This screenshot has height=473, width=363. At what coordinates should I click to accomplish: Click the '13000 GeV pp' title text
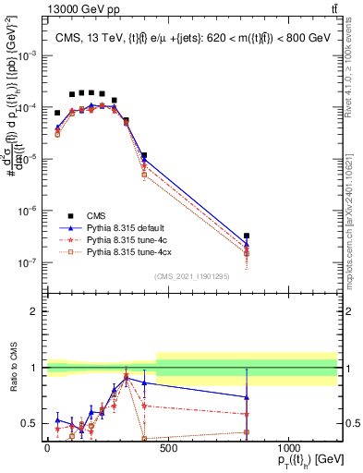point(40,8)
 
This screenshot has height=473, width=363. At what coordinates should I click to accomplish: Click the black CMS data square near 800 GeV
point(247,236)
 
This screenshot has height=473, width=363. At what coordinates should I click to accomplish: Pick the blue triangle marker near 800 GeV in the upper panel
point(247,245)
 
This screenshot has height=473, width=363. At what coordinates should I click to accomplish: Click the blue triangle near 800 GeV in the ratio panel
point(247,397)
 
